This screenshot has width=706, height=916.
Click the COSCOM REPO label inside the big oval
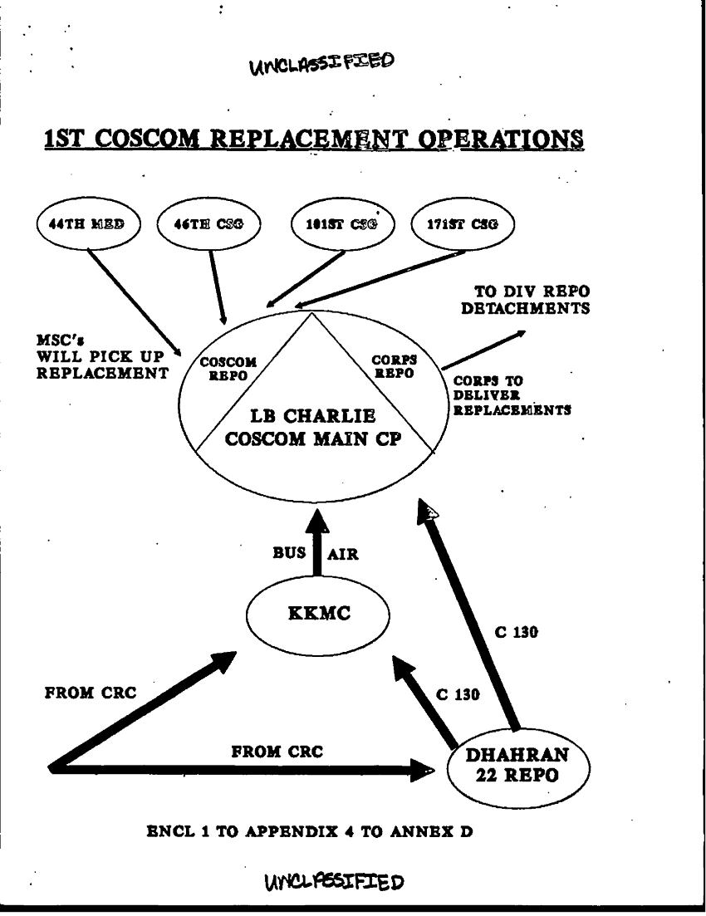click(x=223, y=368)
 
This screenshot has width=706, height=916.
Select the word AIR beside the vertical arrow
click(x=344, y=555)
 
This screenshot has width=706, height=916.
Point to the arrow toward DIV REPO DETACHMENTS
click(x=483, y=350)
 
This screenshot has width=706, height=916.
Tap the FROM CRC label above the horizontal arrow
click(x=277, y=752)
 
